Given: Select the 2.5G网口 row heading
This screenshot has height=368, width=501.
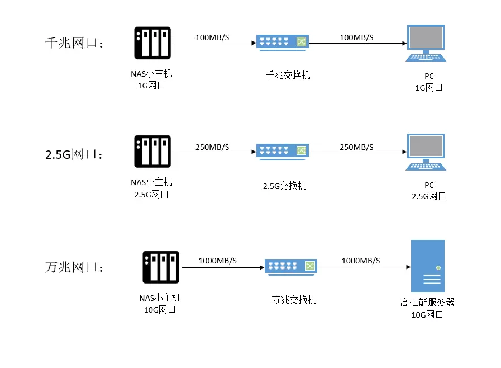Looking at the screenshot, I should (74, 154).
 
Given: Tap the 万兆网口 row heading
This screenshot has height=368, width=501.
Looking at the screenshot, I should (74, 267).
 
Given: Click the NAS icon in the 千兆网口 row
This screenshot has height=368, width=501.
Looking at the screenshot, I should (152, 43).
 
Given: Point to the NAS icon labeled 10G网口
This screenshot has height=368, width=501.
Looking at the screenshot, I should (161, 267).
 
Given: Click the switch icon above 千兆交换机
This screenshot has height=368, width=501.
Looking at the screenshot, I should (283, 43).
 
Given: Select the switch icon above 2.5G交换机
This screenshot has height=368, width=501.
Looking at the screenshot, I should (283, 151).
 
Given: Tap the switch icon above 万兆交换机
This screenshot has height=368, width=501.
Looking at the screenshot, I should (290, 267).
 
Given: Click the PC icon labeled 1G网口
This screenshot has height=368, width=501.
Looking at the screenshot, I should (426, 44).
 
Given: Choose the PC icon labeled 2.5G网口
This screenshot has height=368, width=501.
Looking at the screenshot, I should (426, 153).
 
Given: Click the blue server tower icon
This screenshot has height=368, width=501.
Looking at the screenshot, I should (427, 266).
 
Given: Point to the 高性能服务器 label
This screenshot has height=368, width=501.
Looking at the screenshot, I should (427, 303).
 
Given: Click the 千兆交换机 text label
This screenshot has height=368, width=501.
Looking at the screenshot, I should (288, 74).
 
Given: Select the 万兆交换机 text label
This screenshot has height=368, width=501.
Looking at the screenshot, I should (294, 300).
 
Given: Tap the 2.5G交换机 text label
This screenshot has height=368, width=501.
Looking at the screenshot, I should (285, 186).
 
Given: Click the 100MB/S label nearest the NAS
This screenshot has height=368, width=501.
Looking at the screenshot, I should (212, 37).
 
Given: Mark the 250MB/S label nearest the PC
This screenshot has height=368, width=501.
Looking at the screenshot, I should (356, 147).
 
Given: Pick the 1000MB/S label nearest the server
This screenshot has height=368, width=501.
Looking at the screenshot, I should (360, 261).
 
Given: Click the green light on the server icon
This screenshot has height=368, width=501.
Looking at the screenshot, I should (438, 268).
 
